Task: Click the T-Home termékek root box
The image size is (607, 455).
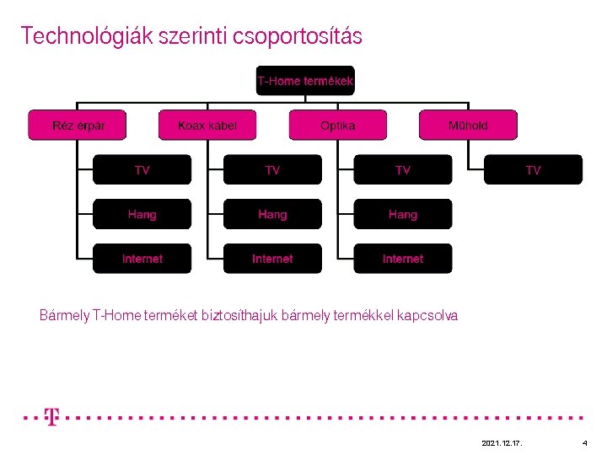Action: click(305, 81)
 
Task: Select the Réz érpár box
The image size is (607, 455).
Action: click(78, 126)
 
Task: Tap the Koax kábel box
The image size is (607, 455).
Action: click(207, 126)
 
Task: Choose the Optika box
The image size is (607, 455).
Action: click(338, 126)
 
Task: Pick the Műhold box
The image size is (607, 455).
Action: click(468, 126)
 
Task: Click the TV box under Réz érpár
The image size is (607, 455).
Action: click(142, 170)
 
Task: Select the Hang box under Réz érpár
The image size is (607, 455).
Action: click(142, 215)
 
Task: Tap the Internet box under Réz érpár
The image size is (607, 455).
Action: click(142, 259)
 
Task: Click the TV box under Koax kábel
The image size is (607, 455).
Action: click(272, 170)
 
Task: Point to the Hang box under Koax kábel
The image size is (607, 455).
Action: click(272, 215)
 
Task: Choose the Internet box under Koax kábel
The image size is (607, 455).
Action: click(272, 259)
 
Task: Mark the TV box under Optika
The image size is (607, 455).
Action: click(403, 170)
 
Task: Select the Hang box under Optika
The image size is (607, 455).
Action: click(403, 215)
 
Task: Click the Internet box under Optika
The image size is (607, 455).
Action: click(403, 259)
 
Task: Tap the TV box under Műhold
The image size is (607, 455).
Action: click(533, 170)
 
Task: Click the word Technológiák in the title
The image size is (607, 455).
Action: click(76, 36)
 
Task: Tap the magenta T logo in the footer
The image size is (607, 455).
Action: click(51, 417)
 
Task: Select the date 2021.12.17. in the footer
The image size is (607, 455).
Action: click(501, 442)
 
